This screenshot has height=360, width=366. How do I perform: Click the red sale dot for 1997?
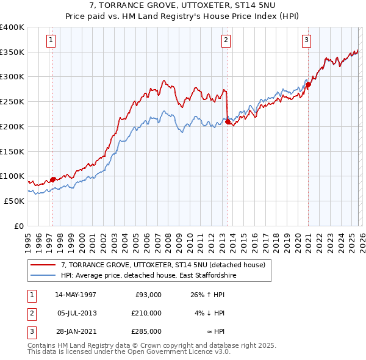click(53, 179)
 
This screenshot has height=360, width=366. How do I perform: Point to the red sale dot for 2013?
click(228, 122)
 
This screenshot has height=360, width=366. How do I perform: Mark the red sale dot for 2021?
click(308, 85)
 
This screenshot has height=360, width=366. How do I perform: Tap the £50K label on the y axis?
click(15, 201)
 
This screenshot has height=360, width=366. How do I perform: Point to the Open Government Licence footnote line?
click(129, 352)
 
